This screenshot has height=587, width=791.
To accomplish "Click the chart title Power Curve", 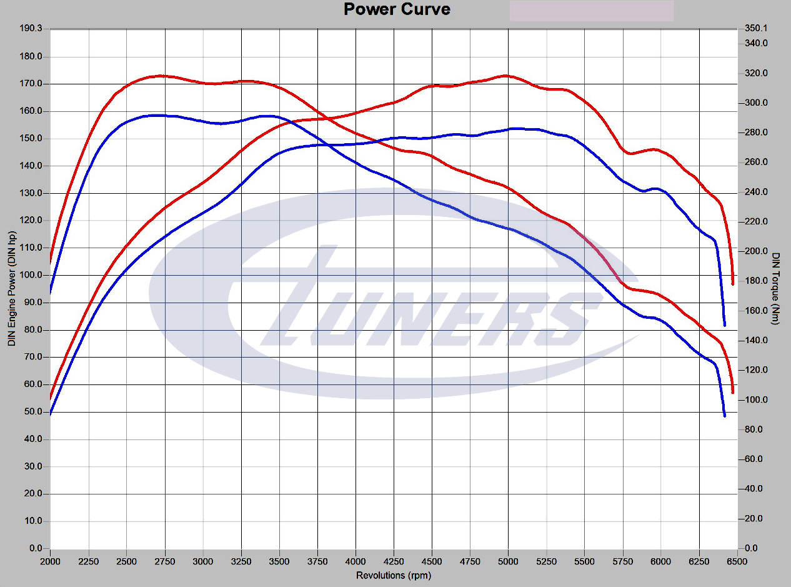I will [x=396, y=9].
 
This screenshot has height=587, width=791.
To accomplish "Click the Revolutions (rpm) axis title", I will [x=394, y=575].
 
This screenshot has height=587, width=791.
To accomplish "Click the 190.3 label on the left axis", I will [x=31, y=29].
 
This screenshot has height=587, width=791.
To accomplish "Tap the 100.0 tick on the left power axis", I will [x=31, y=275].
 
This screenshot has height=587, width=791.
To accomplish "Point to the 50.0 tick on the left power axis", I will [x=32, y=412].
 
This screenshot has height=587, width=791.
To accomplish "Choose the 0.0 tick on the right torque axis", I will [x=752, y=548].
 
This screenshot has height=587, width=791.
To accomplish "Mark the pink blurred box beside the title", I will [x=591, y=11].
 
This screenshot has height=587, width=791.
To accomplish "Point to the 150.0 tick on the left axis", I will [x=31, y=138].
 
